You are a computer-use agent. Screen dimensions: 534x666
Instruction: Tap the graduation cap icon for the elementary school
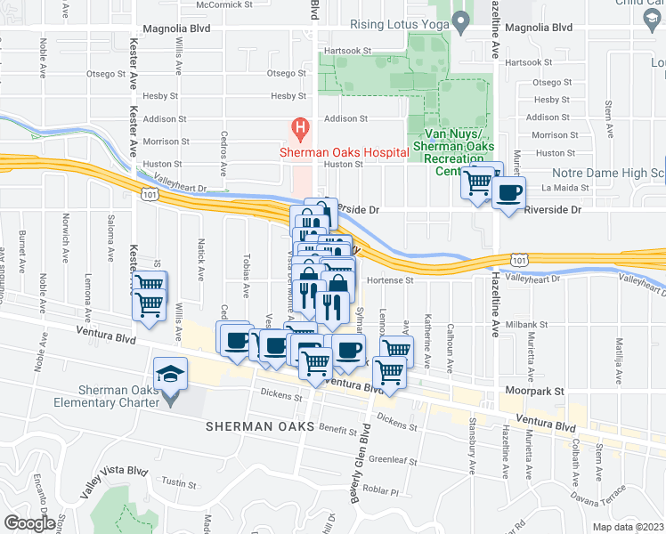pos(169,374)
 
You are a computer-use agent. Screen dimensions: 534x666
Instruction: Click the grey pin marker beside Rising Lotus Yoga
pos(459,20)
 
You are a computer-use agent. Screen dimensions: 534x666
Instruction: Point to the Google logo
pos(28,523)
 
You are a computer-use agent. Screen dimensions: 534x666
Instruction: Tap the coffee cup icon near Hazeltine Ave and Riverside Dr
pos(509,193)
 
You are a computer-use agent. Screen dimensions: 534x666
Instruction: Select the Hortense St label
pos(392,279)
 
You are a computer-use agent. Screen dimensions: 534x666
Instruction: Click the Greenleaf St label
pos(394,460)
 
